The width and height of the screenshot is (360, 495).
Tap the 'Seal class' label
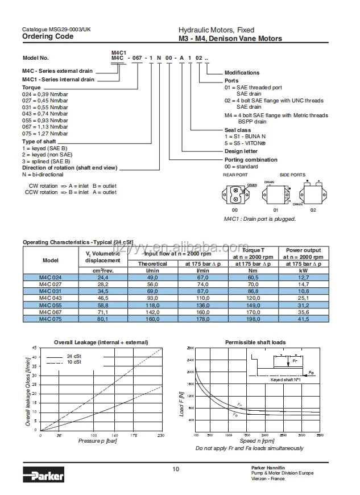tap(237, 130)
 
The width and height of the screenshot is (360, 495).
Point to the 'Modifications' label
tap(242, 73)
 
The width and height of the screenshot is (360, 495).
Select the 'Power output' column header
tap(303, 250)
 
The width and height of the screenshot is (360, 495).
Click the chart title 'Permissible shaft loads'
tap(255, 343)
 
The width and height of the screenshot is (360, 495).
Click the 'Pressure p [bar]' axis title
tap(97, 441)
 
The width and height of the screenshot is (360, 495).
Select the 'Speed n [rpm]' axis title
tap(257, 441)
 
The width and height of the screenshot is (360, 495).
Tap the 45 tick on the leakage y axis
tap(34, 348)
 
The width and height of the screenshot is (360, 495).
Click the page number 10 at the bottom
tap(176, 469)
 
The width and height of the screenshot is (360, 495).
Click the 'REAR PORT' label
tap(235, 175)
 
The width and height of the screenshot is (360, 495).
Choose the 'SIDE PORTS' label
tap(292, 175)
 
